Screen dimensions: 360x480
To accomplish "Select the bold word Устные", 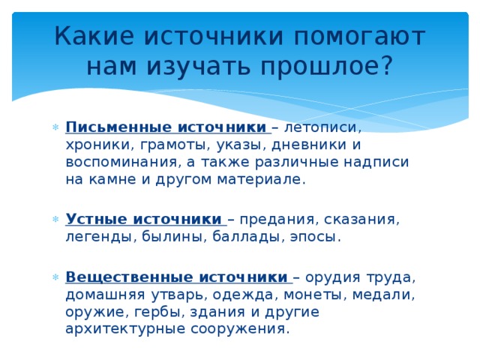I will [95, 219].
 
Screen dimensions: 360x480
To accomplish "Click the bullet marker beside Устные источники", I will [56, 220].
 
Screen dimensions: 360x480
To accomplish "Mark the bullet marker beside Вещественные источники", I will [56, 275].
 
